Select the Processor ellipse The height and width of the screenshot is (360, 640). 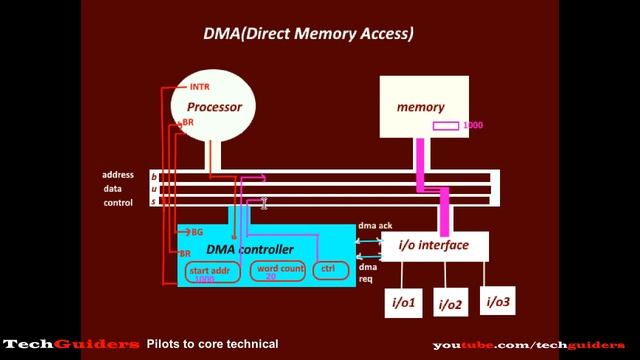(214, 106)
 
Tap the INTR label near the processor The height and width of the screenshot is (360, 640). (199, 87)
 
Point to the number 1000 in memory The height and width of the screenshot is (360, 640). (473, 125)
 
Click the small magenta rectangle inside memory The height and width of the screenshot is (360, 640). (446, 125)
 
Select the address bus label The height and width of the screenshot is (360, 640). (118, 175)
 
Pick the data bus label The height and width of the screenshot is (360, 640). (114, 188)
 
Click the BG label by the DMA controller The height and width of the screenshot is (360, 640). (197, 232)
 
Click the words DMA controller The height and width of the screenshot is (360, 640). (250, 249)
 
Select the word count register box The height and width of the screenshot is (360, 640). (277, 271)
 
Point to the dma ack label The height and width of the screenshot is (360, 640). (375, 226)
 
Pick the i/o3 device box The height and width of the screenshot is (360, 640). (499, 301)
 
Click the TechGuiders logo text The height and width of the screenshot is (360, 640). (70, 344)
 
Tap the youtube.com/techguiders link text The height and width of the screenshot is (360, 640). (528, 345)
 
